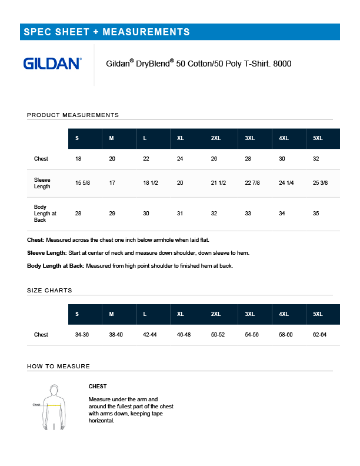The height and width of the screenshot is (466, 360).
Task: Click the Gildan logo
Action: tap(52, 64)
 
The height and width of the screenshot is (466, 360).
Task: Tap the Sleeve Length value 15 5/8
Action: tap(82, 183)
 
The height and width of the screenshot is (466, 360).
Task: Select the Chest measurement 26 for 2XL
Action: tap(214, 159)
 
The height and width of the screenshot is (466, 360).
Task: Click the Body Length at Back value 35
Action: tap(316, 214)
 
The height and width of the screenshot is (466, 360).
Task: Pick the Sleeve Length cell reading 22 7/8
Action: tap(252, 183)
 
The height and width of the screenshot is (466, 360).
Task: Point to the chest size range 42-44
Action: tap(149, 335)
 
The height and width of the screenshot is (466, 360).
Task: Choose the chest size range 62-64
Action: tap(319, 335)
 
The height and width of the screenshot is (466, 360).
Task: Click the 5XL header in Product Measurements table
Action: tap(318, 138)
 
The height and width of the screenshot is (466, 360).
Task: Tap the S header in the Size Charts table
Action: tap(77, 314)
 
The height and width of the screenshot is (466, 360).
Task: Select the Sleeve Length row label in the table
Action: tap(42, 183)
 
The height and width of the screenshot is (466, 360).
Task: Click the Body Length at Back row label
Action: tap(45, 214)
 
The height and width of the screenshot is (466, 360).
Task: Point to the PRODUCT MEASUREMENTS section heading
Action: tap(73, 115)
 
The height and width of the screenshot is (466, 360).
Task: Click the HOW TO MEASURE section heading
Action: tap(58, 367)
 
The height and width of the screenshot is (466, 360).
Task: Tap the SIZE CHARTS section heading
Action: tap(49, 291)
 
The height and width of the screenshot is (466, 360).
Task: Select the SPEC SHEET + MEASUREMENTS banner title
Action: tap(106, 32)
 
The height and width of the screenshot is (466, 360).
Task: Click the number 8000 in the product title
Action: tap(282, 64)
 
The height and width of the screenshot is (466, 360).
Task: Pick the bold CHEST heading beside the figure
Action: tap(98, 387)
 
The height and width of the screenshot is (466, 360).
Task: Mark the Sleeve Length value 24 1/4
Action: tap(286, 183)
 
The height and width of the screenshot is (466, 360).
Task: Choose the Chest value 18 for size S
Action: tap(78, 159)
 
